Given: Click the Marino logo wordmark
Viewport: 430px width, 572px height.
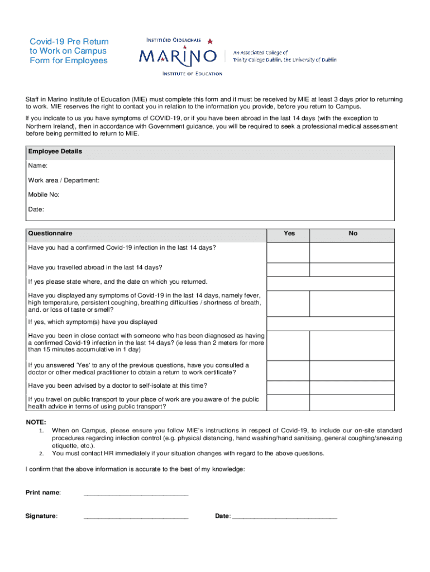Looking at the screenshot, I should pyautogui.click(x=178, y=56).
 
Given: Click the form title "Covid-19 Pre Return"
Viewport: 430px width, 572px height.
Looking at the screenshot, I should pyautogui.click(x=69, y=42).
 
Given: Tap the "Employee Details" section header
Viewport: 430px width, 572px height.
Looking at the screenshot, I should pyautogui.click(x=55, y=151).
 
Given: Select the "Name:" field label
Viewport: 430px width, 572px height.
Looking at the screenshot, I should pyautogui.click(x=37, y=166).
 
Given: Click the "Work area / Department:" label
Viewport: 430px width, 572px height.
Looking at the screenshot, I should pyautogui.click(x=64, y=180).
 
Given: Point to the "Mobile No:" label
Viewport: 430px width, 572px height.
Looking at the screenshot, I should pyautogui.click(x=44, y=195).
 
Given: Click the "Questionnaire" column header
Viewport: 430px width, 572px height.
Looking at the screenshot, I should pyautogui.click(x=50, y=233).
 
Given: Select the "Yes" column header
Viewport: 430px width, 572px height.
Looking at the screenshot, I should pyautogui.click(x=289, y=233).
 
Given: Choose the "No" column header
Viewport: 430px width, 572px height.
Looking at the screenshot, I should pyautogui.click(x=353, y=233).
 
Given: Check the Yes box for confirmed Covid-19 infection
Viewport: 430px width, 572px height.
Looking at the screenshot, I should pyautogui.click(x=289, y=251).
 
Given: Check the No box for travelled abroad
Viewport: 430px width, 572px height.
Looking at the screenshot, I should pyautogui.click(x=353, y=270).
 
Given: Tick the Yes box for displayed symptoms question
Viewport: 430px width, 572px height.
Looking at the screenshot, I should pyautogui.click(x=289, y=303).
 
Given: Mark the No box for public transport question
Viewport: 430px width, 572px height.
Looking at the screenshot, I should pyautogui.click(x=353, y=404).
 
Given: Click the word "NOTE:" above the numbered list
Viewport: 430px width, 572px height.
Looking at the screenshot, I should pyautogui.click(x=36, y=422).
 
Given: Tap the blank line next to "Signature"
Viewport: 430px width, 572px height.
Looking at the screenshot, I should pyautogui.click(x=136, y=516).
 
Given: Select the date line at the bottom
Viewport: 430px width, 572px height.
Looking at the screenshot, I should pyautogui.click(x=285, y=516).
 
